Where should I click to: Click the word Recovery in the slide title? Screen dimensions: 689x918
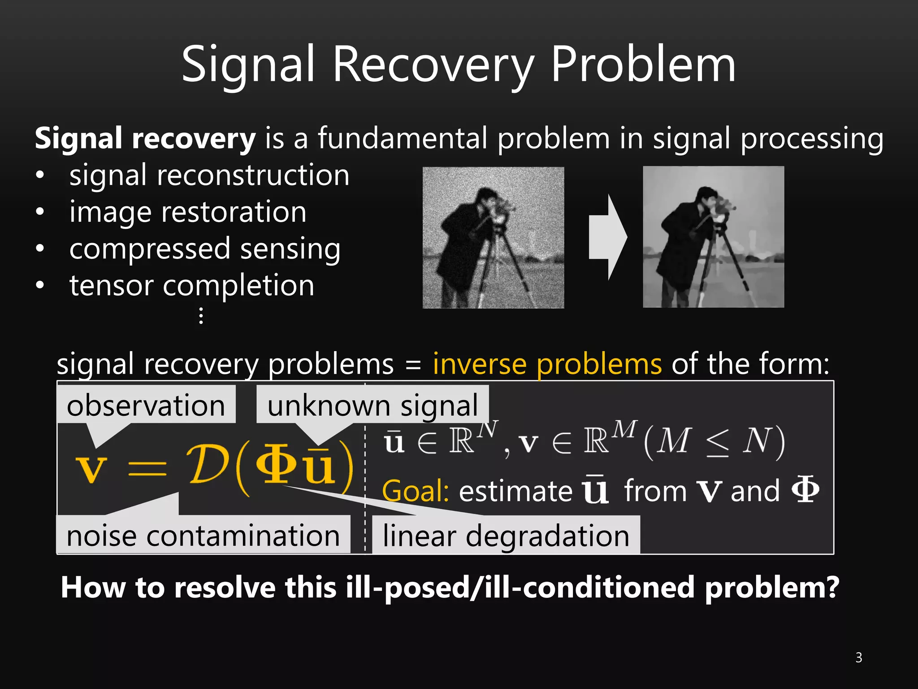[x=433, y=66]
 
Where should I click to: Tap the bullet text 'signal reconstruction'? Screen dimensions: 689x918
[x=209, y=175]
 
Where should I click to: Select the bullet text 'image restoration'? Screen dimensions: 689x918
[x=188, y=212]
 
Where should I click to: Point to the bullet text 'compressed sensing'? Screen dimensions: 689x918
[x=205, y=249]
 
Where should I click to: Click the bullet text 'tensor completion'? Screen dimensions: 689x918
[x=192, y=286]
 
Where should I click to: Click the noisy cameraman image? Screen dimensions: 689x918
[x=493, y=238]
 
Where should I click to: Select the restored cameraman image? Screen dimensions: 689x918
[x=713, y=237]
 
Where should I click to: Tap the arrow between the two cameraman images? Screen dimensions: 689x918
[x=607, y=237]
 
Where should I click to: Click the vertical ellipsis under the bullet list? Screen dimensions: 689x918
[x=201, y=316]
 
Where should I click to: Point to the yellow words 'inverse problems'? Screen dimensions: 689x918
[x=547, y=364]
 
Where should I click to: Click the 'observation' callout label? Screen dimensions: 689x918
[x=146, y=406]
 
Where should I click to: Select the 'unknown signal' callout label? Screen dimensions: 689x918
[x=372, y=406]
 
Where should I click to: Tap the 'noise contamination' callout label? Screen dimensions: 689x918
[x=203, y=536]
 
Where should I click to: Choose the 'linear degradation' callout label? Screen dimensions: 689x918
[x=506, y=536]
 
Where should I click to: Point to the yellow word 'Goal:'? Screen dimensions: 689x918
[x=416, y=491]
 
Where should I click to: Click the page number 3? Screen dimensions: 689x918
[x=858, y=658]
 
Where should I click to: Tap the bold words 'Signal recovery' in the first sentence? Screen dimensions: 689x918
[x=145, y=139]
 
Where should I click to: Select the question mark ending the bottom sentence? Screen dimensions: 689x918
[x=831, y=587]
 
